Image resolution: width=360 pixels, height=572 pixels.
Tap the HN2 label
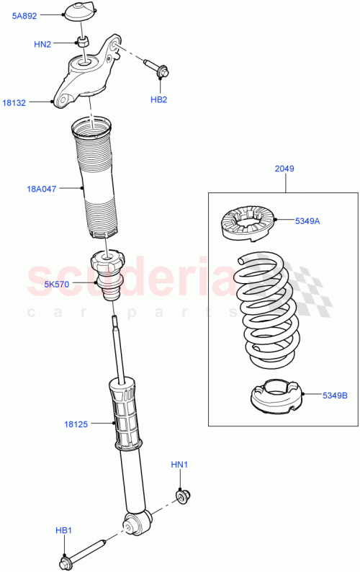[x=42, y=44]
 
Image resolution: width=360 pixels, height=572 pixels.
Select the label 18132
[x=14, y=103]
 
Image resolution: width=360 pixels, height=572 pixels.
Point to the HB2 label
[x=159, y=99]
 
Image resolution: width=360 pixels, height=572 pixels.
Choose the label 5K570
[x=56, y=284]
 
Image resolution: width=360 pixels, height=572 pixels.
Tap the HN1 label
[x=179, y=465]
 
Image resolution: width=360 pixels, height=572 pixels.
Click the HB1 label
[x=64, y=531]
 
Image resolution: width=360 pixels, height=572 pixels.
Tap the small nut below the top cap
[x=84, y=42]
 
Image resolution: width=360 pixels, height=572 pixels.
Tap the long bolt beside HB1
[x=83, y=550]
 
